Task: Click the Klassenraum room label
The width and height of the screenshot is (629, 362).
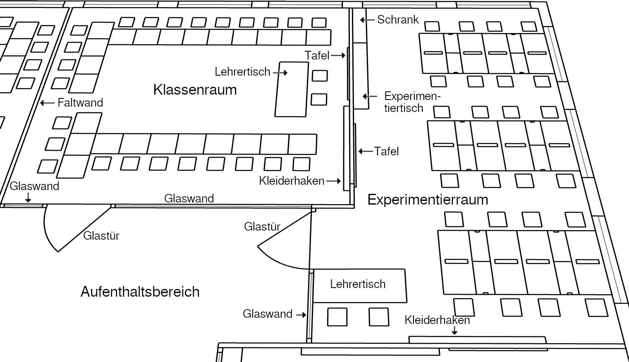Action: tap(195, 90)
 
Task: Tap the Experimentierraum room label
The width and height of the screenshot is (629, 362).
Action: tap(428, 200)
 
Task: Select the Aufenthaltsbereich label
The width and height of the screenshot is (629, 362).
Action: tap(140, 292)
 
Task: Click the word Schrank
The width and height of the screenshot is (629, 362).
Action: tap(398, 19)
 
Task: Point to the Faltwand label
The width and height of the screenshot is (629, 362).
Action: tap(80, 102)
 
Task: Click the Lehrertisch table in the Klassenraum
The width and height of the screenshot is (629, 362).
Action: tap(292, 89)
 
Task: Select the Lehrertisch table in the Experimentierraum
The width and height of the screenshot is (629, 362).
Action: tap(359, 285)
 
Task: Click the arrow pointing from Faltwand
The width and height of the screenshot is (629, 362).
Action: tap(47, 102)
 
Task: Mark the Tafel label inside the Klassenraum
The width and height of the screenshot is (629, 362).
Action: tap(317, 55)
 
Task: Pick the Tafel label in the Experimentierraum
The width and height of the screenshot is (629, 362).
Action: tap(386, 151)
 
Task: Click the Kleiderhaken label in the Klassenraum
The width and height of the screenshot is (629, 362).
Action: tap(292, 181)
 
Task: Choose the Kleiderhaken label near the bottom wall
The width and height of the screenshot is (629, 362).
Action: tap(437, 320)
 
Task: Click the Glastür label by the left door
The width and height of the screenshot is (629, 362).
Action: tap(101, 236)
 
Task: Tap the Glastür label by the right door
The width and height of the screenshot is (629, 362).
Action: tap(262, 226)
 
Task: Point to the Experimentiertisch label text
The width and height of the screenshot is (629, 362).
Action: tap(412, 102)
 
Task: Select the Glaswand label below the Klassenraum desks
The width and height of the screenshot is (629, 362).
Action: tap(189, 198)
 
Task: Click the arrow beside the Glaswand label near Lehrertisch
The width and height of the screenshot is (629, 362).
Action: tap(301, 314)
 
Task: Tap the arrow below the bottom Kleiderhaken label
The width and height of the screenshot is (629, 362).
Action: tap(455, 330)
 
